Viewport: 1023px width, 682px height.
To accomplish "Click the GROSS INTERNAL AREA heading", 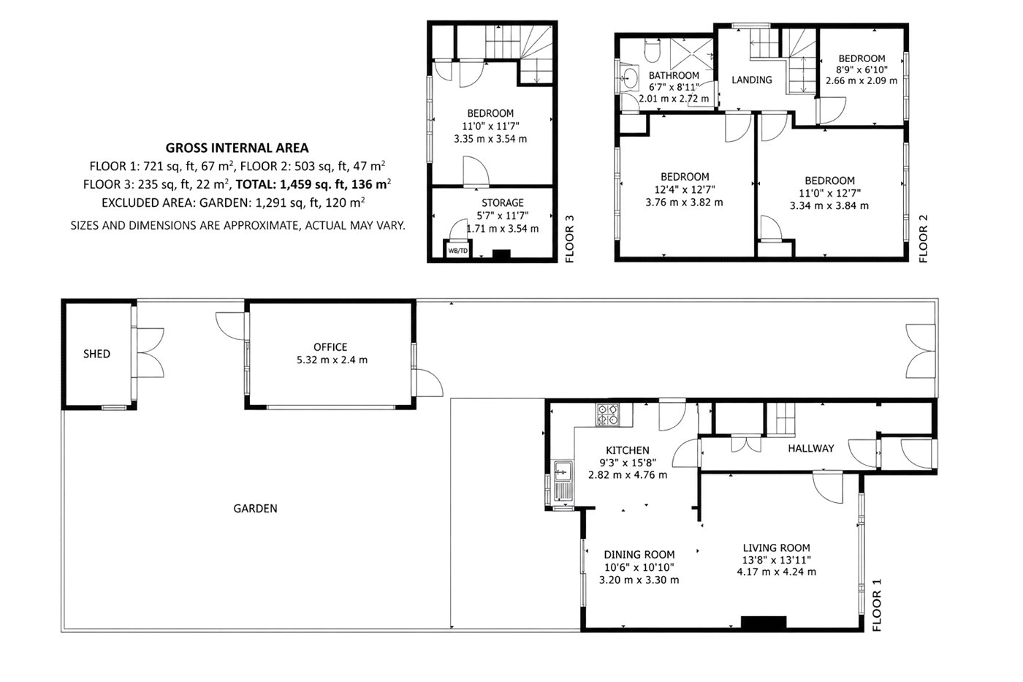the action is tap(237, 148).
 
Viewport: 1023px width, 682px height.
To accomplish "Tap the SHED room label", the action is tap(96, 354).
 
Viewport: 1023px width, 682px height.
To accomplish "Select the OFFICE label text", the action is tap(330, 347).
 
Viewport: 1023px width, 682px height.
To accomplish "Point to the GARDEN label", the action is tap(255, 509).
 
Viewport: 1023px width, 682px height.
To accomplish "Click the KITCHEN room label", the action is tap(628, 450).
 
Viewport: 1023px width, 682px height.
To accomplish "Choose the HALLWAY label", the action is tap(811, 449).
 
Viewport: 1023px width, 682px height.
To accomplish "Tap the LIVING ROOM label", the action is tap(776, 548).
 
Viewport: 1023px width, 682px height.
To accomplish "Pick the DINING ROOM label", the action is tap(639, 555).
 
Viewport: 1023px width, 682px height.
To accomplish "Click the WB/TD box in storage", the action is tap(457, 250).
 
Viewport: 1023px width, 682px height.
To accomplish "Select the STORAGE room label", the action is tap(503, 202).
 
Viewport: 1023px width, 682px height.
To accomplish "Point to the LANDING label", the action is tap(752, 80).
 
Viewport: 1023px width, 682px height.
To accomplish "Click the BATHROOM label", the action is tap(674, 75).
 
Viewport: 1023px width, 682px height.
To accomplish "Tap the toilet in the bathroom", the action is tap(652, 50).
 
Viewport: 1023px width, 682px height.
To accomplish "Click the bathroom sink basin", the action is tap(630, 77).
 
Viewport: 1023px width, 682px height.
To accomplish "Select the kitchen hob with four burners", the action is tap(607, 414).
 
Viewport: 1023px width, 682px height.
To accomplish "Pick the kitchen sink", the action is tap(563, 482).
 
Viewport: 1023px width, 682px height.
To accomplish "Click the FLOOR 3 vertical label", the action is tap(569, 239).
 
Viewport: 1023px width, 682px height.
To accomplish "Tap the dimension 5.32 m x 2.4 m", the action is tap(332, 360).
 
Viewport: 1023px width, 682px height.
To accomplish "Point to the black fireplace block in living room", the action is tap(763, 623).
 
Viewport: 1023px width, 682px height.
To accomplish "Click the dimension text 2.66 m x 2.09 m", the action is tap(862, 81).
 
